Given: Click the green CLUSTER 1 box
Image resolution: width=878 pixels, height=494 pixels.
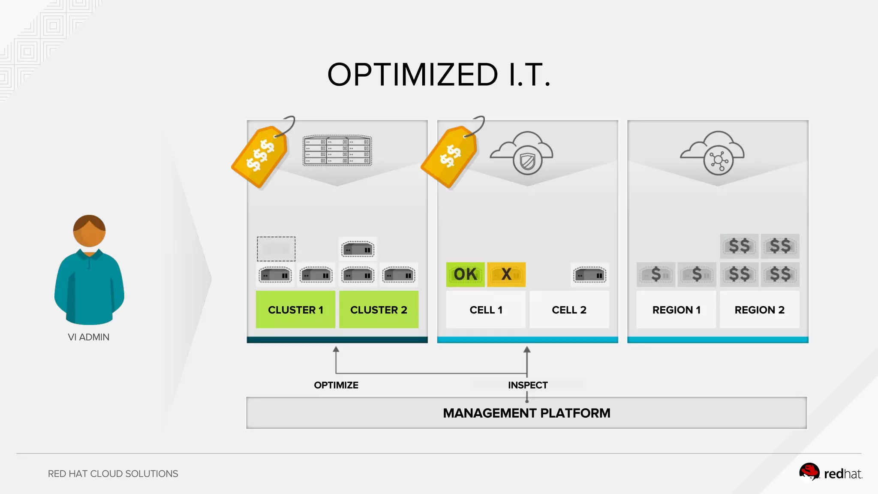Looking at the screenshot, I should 295,310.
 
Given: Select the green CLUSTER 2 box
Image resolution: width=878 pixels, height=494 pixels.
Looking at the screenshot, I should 379,310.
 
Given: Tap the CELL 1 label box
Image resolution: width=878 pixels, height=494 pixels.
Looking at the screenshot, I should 486,310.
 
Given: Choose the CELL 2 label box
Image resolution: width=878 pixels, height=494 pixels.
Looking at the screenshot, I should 569,310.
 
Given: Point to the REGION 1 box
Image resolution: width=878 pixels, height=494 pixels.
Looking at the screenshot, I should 676,310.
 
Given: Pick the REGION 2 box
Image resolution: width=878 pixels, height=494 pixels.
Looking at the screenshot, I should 759,310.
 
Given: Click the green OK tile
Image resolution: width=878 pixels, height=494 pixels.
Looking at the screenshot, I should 465,274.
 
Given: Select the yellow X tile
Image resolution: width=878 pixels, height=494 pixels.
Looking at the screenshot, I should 506,274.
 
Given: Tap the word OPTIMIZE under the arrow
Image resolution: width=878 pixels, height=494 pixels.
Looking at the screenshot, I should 336,385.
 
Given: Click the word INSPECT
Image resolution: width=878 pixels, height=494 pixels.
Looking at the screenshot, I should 528,385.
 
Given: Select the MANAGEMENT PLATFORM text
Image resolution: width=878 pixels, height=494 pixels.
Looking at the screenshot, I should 526,413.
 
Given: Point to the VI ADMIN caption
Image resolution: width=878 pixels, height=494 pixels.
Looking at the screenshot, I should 89,337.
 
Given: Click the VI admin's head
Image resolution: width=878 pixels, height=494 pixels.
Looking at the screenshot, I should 89,231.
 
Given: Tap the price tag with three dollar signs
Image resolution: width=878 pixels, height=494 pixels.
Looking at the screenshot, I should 260,156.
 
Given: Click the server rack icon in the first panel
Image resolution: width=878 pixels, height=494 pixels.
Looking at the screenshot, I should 337,151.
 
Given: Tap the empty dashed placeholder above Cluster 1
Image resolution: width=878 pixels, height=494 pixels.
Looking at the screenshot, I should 276,249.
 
